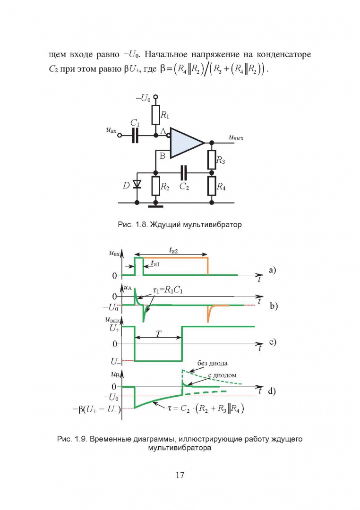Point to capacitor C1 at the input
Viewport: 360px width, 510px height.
[136, 136]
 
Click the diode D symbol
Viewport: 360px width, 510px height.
[137, 184]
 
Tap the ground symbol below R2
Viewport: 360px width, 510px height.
[156, 204]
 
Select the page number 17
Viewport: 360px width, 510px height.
[180, 475]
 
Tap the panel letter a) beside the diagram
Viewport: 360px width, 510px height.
[272, 270]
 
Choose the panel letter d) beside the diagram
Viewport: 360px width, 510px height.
[272, 391]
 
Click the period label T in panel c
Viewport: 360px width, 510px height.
[158, 332]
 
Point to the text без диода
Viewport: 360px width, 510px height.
[213, 363]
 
